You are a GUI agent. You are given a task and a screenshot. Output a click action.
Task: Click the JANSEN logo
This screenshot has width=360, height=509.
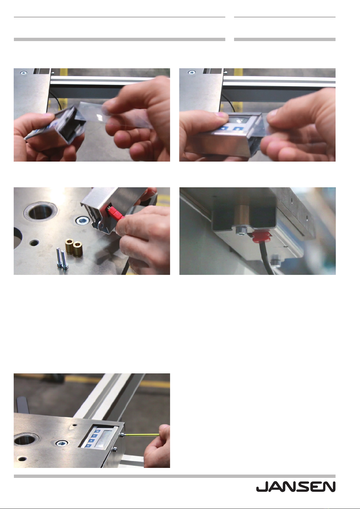(296, 487)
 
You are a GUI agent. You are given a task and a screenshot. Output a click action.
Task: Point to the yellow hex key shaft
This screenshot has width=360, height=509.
(142, 435)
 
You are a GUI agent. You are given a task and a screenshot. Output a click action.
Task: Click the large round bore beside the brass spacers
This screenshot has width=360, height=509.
(40, 212)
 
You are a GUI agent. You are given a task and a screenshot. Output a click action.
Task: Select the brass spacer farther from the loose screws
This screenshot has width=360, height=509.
(78, 249)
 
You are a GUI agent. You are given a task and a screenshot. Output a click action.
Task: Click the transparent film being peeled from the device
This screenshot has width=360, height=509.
(116, 116)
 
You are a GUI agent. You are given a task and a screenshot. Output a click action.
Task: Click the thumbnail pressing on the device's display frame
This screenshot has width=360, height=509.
(220, 114)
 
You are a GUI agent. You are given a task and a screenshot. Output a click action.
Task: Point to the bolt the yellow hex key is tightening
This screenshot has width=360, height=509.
(122, 435)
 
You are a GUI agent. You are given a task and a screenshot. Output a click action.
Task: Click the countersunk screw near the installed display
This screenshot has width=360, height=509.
(61, 443)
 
